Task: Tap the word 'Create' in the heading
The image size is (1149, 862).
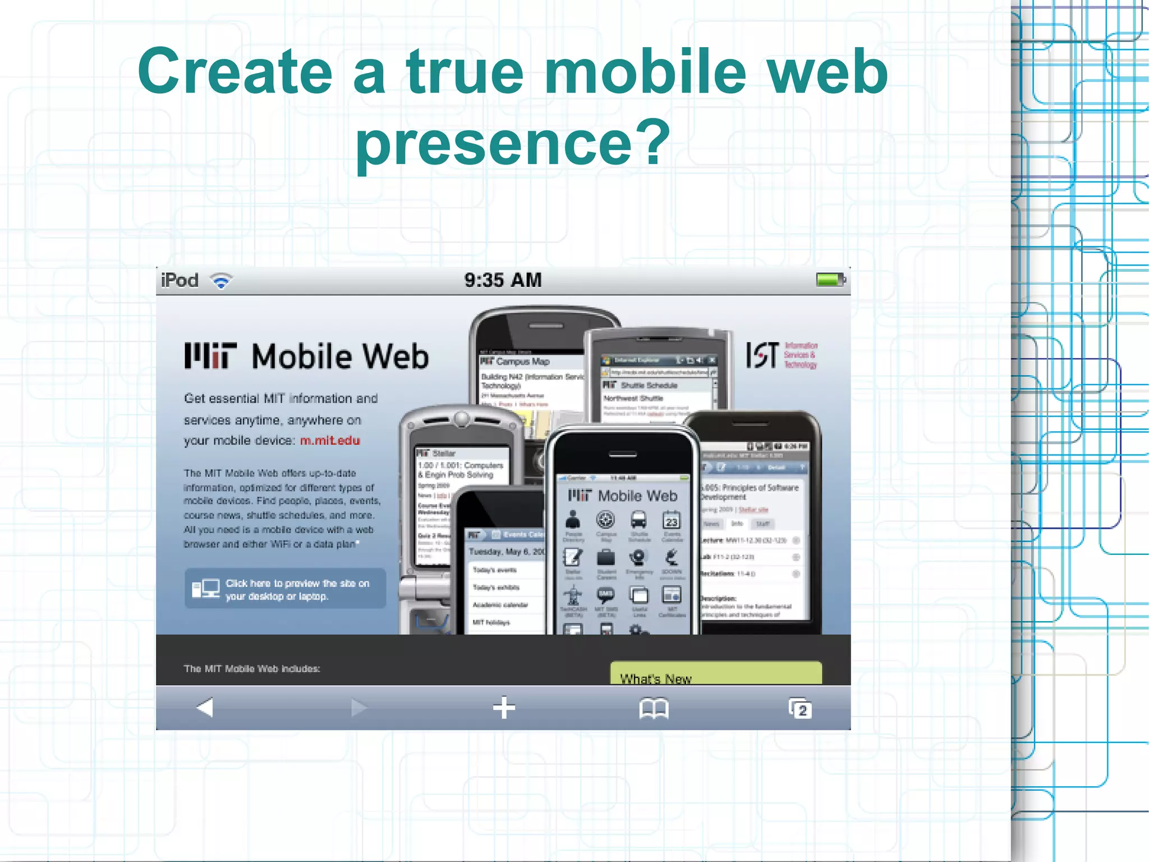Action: coord(235,71)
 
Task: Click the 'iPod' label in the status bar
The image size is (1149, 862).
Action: coord(180,280)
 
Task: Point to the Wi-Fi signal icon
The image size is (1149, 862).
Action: coord(221,281)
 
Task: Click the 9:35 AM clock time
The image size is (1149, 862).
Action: coord(503,280)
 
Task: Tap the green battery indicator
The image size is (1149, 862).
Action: coord(829,279)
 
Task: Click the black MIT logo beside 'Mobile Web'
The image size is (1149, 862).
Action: coord(210,356)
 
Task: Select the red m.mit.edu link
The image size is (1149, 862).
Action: coord(330,441)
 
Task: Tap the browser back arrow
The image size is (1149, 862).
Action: coord(205,708)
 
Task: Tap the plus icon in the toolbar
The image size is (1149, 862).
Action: coord(504,708)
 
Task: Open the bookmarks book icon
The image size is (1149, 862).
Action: coord(654,708)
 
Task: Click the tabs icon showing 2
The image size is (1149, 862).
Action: coord(800,709)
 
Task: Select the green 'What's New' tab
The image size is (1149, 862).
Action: coord(715,673)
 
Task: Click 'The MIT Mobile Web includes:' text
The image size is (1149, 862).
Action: coord(252,669)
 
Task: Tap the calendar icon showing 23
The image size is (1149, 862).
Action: coord(672,521)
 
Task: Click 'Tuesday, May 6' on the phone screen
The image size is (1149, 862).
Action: coord(505,552)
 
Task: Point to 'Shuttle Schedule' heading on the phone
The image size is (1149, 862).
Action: coord(649,386)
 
